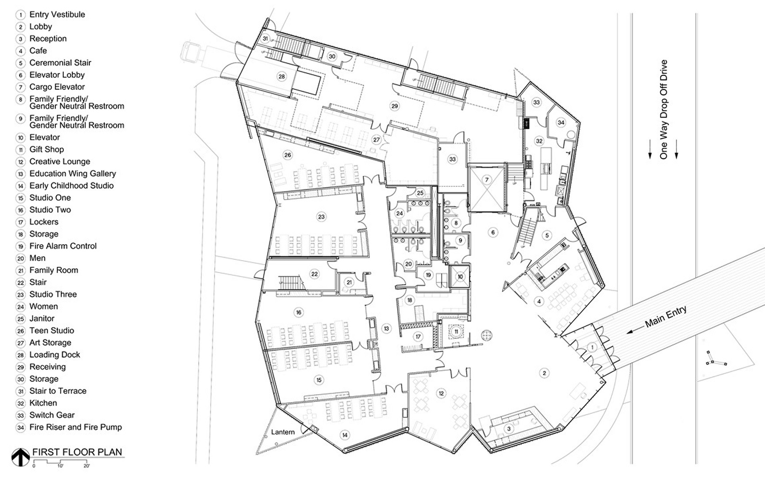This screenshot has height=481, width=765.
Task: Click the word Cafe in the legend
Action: (x=38, y=51)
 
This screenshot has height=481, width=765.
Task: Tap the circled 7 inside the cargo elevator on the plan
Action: (x=487, y=180)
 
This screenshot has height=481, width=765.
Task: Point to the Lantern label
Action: (x=283, y=432)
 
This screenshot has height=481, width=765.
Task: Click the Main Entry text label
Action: (x=665, y=317)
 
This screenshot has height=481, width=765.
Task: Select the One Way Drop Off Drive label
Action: (x=663, y=110)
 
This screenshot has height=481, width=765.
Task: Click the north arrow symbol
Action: (x=20, y=457)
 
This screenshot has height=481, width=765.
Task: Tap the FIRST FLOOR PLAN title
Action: (x=77, y=452)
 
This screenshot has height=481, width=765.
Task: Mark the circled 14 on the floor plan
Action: (x=344, y=435)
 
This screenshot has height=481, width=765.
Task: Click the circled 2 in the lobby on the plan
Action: (x=544, y=373)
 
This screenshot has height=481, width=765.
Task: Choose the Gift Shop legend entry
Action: (x=46, y=150)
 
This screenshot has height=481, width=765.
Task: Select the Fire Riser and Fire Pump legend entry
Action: (x=75, y=427)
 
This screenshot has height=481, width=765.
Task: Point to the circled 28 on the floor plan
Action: (x=281, y=77)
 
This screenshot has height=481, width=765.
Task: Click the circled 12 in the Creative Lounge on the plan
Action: (x=441, y=393)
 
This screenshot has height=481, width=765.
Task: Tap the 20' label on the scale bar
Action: (x=87, y=466)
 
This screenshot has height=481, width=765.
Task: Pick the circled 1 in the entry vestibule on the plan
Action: (x=592, y=347)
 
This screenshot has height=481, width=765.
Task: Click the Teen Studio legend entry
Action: (x=52, y=331)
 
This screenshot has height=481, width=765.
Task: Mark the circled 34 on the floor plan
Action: (x=561, y=123)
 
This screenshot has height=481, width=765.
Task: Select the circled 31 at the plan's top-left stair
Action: (x=265, y=38)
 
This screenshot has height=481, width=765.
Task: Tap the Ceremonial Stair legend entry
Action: (x=60, y=63)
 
